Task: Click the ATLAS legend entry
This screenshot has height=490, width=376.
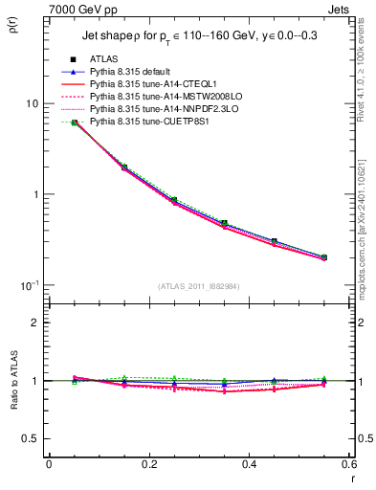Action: pos(103,59)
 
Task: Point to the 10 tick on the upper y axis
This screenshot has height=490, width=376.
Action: pos(31,103)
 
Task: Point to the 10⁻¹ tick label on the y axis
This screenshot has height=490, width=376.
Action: pos(29,285)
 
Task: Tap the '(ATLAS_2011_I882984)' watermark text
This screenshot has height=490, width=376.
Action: pos(199,286)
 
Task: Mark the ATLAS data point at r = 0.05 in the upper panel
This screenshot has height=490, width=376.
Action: pos(75,122)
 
